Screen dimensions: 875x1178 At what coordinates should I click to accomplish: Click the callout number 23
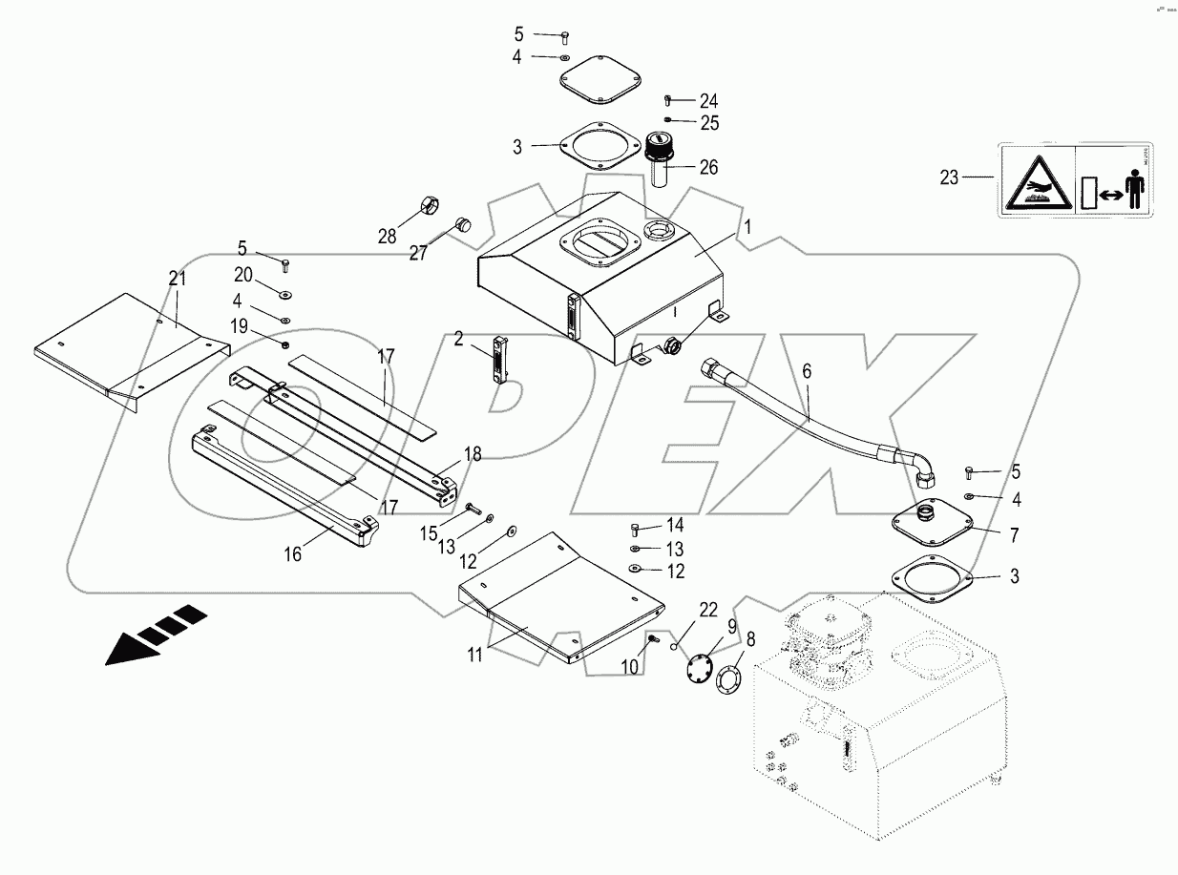click(948, 177)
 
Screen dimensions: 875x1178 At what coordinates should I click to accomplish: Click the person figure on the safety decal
click(1133, 180)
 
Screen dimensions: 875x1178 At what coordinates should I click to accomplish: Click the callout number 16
click(292, 554)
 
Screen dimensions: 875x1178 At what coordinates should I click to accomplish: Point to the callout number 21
click(176, 278)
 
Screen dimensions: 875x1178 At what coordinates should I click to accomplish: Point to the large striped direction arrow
click(156, 634)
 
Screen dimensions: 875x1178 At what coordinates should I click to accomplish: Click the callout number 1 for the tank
click(748, 227)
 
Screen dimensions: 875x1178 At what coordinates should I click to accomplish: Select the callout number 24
click(707, 100)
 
